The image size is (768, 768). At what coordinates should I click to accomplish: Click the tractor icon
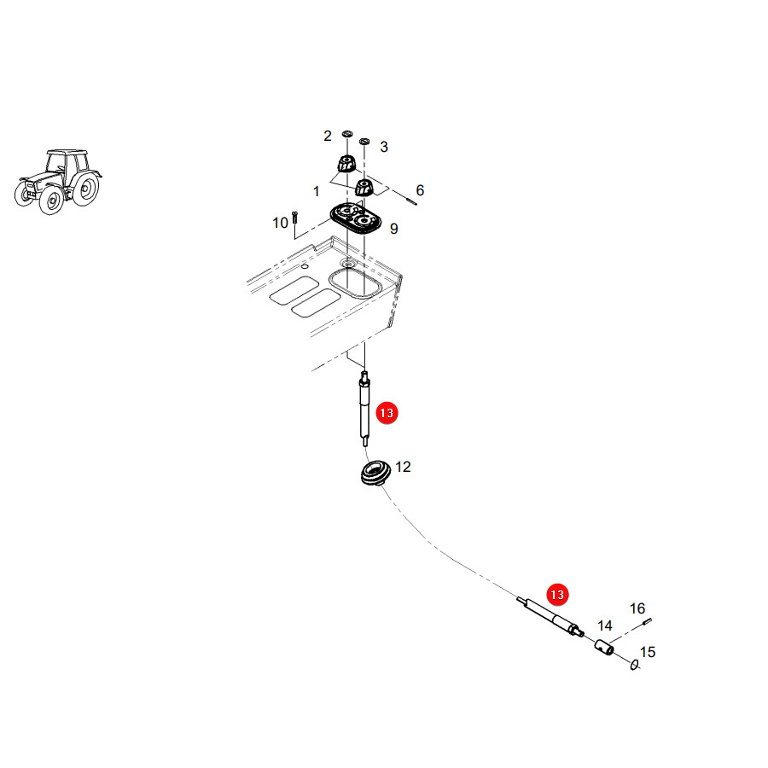tap(58, 181)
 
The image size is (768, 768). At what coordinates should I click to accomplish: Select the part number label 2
tap(328, 136)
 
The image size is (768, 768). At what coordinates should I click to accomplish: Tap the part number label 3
tap(384, 147)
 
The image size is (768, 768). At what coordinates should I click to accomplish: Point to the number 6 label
tap(420, 190)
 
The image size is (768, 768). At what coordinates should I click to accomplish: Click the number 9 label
tap(393, 229)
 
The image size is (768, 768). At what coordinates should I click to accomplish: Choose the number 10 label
tap(280, 223)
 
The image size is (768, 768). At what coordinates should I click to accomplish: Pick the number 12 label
tap(403, 467)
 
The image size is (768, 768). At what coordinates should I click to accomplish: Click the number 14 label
tap(605, 625)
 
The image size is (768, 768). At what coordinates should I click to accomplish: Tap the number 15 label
tap(648, 652)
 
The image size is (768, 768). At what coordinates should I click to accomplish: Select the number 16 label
tap(637, 608)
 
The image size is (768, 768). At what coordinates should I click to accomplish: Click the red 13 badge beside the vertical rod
tap(387, 413)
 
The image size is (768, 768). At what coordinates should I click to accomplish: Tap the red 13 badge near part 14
tap(557, 595)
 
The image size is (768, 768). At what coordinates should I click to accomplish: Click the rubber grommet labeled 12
tap(375, 473)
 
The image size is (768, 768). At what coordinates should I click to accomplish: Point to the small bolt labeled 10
tap(294, 217)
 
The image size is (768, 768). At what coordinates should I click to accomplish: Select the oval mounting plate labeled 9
tap(356, 218)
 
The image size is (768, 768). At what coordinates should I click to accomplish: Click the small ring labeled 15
tap(635, 665)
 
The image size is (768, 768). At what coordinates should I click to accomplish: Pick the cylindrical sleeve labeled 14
tap(604, 647)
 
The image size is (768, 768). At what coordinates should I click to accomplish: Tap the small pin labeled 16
tap(647, 621)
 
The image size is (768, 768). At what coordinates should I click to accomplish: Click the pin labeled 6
tap(411, 200)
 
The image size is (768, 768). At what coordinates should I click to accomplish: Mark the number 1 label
tap(317, 191)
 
